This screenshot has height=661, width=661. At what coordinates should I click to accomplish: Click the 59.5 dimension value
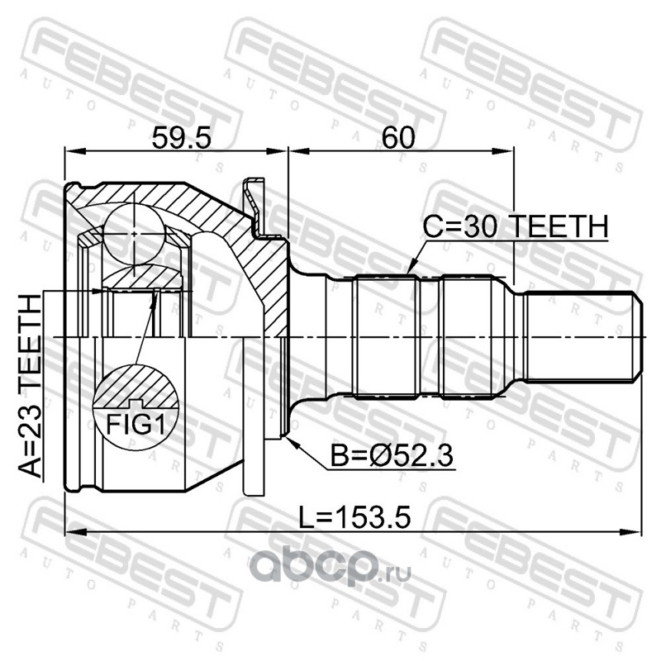click(181, 138)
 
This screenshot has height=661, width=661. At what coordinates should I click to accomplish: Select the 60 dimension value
click(398, 138)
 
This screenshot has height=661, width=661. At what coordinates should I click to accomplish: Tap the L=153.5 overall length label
click(354, 518)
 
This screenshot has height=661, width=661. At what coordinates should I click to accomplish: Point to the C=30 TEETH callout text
click(516, 226)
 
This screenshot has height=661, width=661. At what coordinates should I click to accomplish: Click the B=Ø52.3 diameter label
click(392, 456)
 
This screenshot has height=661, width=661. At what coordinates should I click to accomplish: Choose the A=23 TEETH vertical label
click(31, 386)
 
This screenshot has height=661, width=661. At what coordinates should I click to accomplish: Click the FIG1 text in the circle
click(136, 424)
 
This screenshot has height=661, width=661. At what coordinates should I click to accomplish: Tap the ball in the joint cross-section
click(134, 235)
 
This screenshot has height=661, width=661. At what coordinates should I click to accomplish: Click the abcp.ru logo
click(330, 566)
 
